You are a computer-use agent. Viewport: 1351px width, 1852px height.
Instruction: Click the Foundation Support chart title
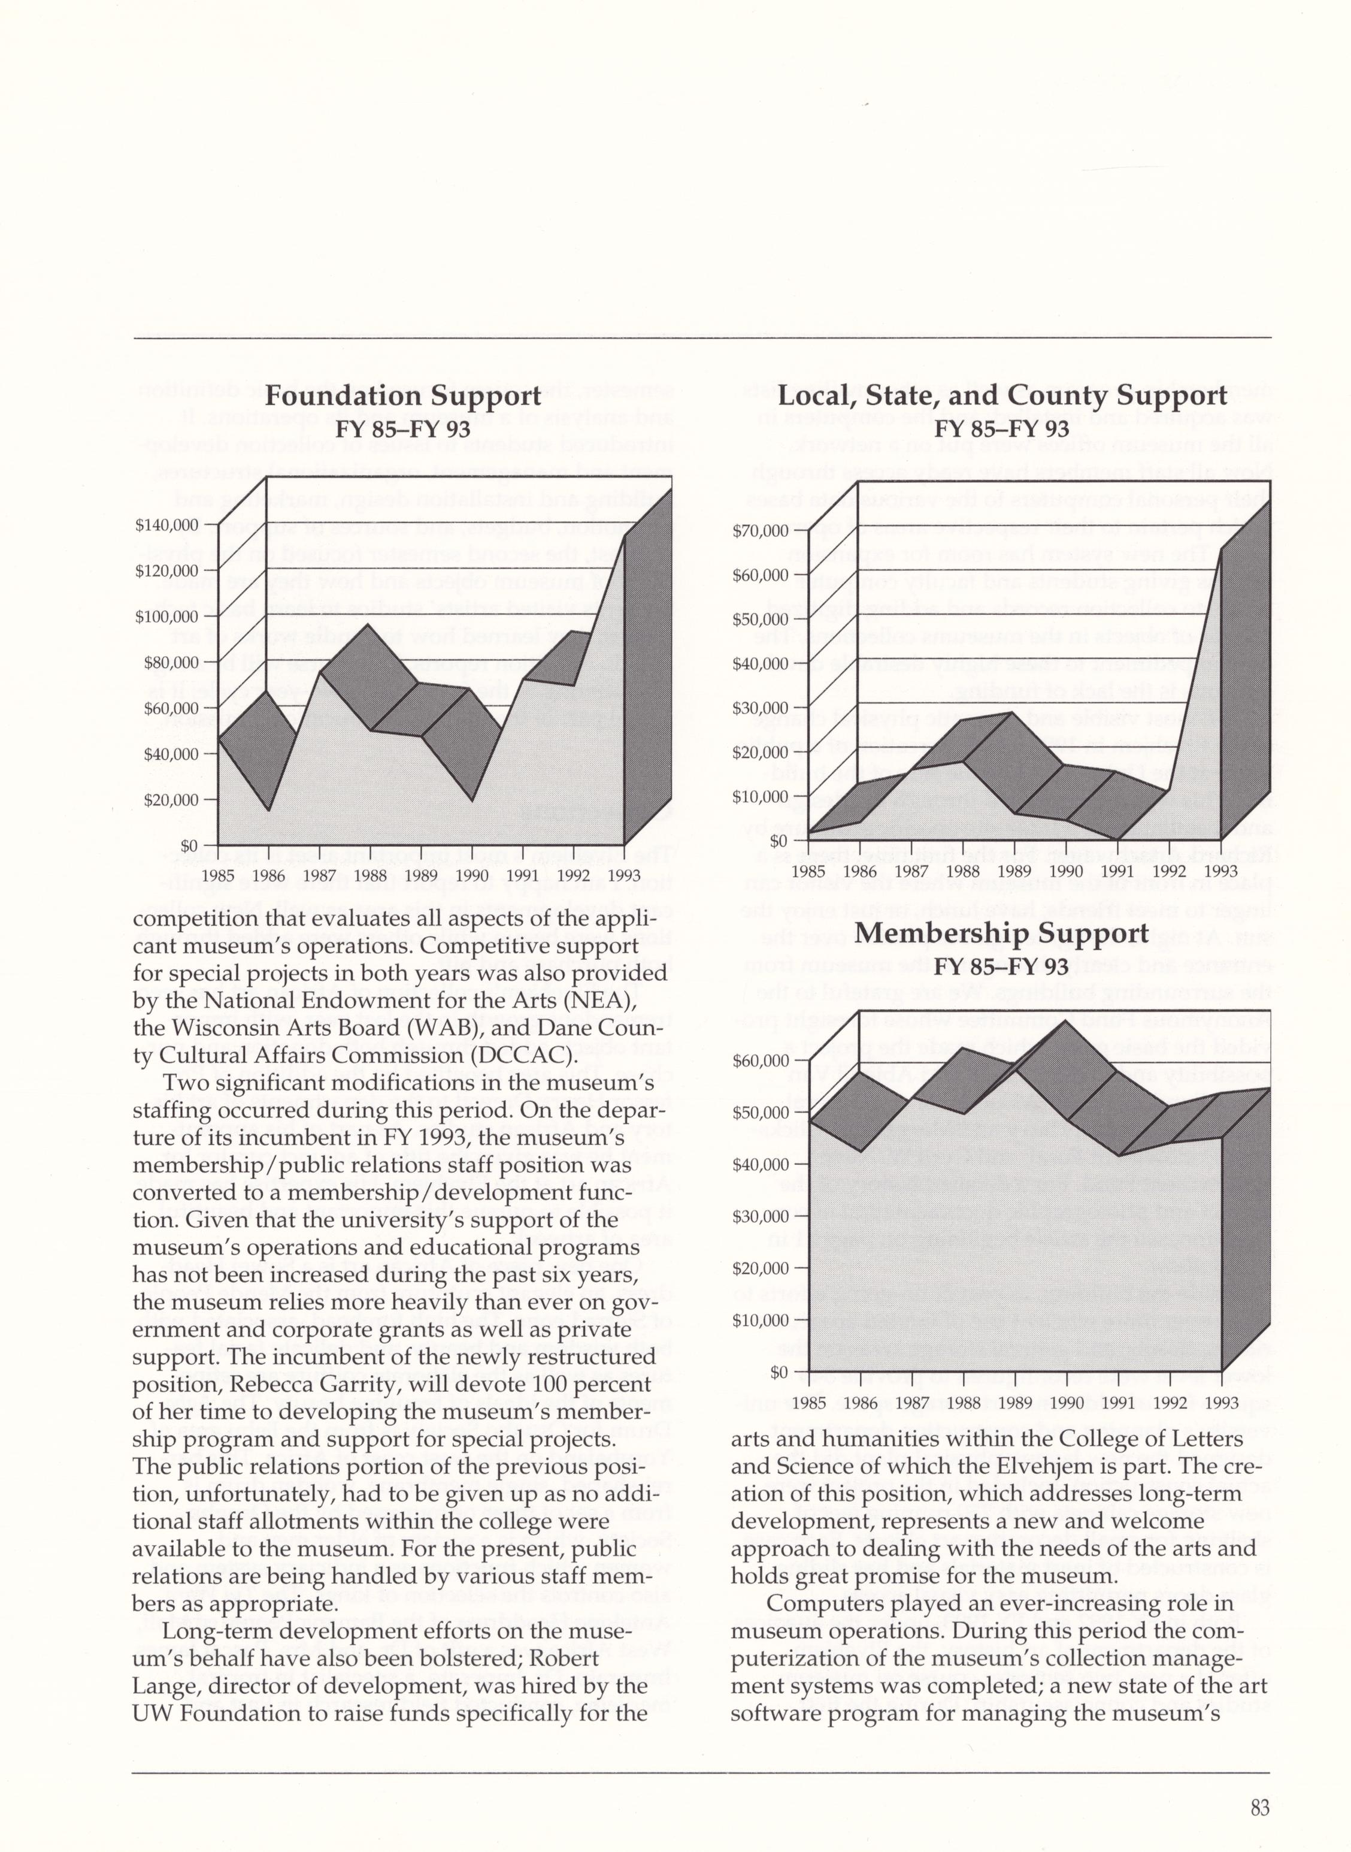click(x=402, y=397)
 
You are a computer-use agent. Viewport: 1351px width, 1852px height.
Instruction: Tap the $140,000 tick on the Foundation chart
click(x=167, y=525)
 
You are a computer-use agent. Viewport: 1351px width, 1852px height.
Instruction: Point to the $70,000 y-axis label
click(x=761, y=531)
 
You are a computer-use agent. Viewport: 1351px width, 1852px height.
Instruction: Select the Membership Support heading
click(x=1002, y=933)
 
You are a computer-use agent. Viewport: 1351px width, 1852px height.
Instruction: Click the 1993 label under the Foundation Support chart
click(x=624, y=876)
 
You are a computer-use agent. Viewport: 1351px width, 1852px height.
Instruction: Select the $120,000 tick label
click(x=167, y=571)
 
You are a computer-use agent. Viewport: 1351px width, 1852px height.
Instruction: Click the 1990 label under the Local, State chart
click(x=1067, y=872)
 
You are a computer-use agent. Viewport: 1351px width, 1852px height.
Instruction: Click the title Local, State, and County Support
click(x=1002, y=397)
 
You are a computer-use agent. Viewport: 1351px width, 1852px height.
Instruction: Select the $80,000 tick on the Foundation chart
click(x=170, y=663)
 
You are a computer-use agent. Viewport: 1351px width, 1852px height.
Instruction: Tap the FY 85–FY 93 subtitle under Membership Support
click(x=1002, y=967)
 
